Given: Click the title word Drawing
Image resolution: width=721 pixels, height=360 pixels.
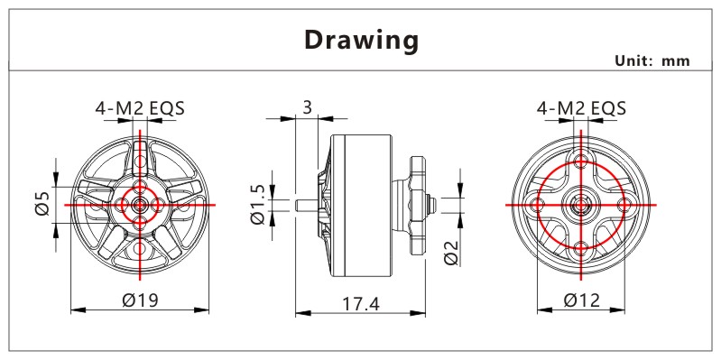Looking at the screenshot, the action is [362, 41].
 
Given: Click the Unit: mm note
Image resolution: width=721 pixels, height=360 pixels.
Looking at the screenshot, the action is [652, 60].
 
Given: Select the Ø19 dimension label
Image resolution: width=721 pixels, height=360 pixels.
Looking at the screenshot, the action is [140, 300].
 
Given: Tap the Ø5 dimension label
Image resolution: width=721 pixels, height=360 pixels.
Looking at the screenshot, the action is [42, 203].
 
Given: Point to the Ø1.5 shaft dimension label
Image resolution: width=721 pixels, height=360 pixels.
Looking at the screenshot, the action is [257, 204].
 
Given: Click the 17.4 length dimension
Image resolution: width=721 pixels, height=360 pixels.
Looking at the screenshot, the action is [361, 304].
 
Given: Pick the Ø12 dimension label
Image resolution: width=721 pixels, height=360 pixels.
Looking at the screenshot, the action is [582, 300].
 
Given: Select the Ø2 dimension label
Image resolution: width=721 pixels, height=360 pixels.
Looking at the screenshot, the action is [451, 253].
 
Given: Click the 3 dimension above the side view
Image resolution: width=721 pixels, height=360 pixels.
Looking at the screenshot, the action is [307, 107].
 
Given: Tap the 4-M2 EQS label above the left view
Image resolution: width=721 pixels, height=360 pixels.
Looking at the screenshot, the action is [140, 108].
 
